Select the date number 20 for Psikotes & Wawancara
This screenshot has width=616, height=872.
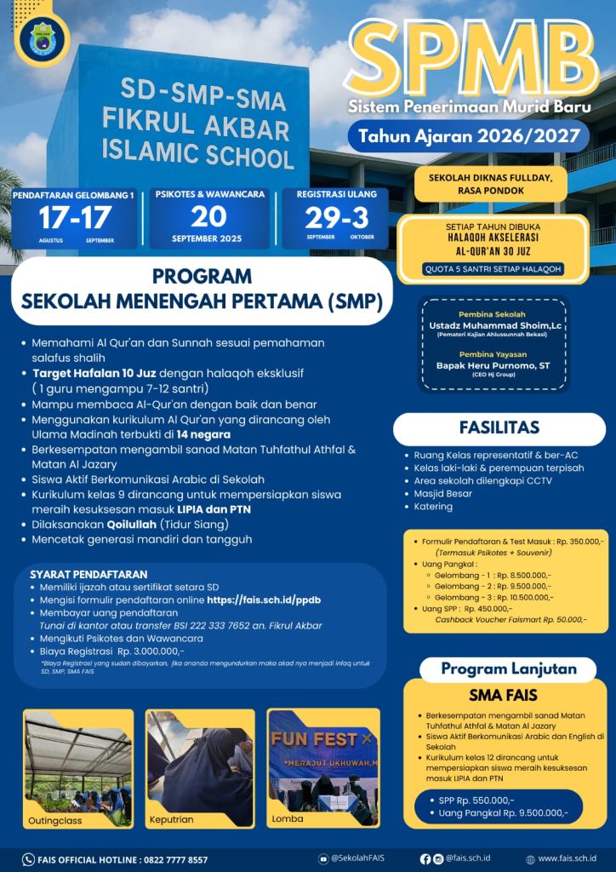click(x=208, y=215)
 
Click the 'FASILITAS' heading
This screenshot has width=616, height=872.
click(x=499, y=427)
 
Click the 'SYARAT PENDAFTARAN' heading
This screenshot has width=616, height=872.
click(x=88, y=574)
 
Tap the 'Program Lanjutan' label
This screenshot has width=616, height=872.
click(x=508, y=668)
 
